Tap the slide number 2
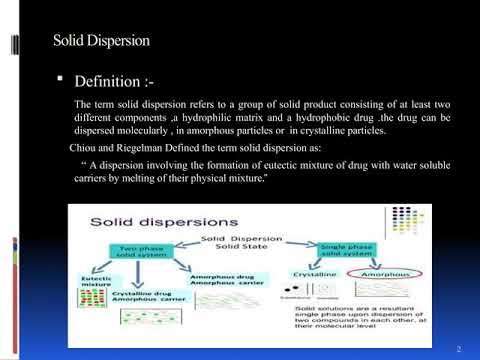[456, 348]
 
